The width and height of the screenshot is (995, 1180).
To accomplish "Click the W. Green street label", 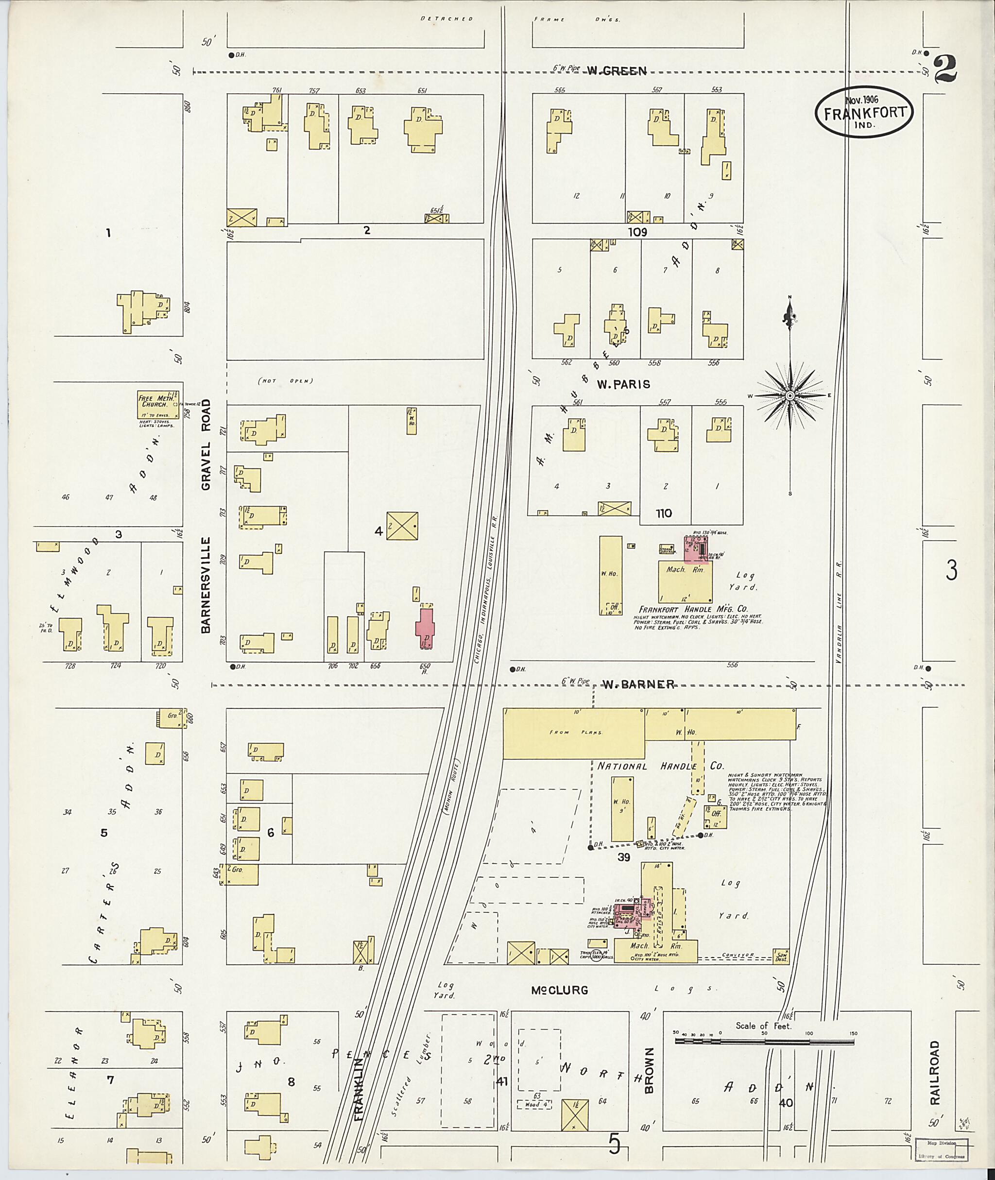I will click(x=616, y=71).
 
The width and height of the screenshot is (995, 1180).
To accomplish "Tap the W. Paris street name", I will click(x=623, y=385).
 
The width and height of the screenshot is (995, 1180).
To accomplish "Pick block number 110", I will click(x=664, y=513).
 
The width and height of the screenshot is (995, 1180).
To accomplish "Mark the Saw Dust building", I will click(x=781, y=955).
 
